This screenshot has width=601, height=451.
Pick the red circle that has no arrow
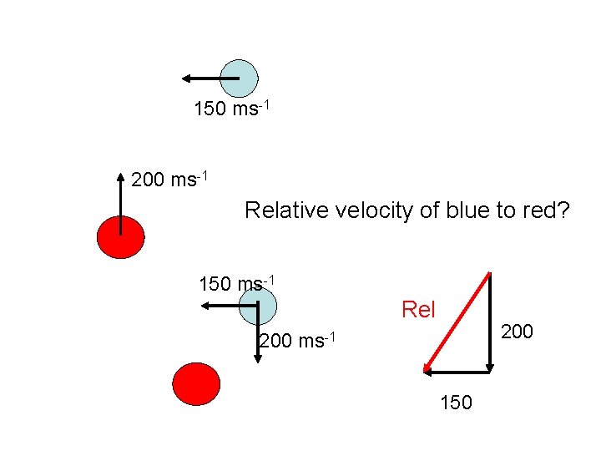(x=196, y=384)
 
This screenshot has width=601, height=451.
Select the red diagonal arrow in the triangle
(x=457, y=322)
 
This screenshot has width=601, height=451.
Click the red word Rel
(x=418, y=310)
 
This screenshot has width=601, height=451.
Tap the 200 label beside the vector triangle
(x=517, y=332)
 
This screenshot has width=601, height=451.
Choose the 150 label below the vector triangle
(x=456, y=403)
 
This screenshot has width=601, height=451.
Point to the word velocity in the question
(x=375, y=210)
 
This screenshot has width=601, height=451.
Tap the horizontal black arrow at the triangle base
(x=457, y=371)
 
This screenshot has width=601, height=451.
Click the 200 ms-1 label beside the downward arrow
(x=297, y=341)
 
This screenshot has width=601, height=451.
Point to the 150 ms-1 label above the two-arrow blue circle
(x=236, y=284)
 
